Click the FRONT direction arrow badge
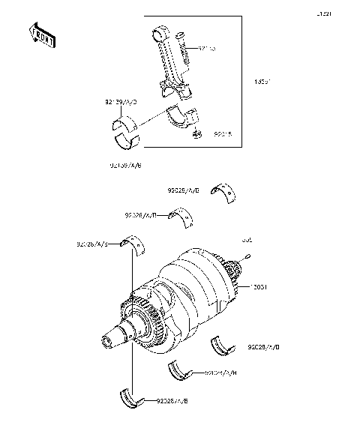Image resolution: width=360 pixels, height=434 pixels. tap(42, 35)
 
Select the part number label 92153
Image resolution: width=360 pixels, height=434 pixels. tap(207, 49)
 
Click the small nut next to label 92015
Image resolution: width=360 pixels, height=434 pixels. tap(197, 135)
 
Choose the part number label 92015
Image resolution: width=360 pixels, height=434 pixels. tap(223, 136)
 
